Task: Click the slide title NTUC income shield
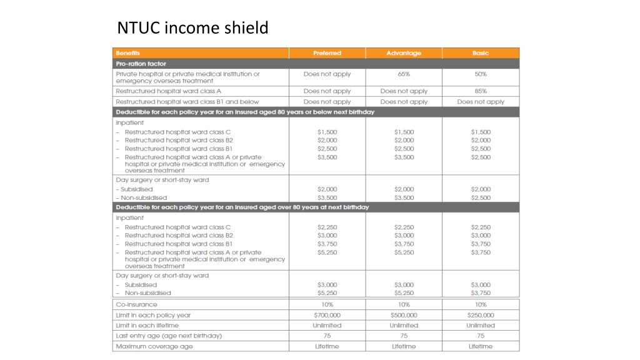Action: pos(192,28)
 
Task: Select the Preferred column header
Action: pos(327,53)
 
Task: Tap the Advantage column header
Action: pos(404,53)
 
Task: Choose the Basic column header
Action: pos(481,53)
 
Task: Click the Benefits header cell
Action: pos(128,53)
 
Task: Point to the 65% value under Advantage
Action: pos(404,74)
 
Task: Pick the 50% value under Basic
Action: pos(481,74)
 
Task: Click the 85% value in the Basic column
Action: pos(481,91)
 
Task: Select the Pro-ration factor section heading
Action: pos(141,64)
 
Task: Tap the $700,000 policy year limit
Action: pos(327,315)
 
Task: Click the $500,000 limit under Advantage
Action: pos(404,315)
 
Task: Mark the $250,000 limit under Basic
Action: pos(481,315)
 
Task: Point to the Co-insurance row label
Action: pos(137,304)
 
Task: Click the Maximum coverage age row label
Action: pos(154,346)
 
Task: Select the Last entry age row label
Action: pos(169,336)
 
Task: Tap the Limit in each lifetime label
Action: pos(147,326)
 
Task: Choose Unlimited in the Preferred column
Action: pos(327,326)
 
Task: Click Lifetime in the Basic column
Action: pos(481,346)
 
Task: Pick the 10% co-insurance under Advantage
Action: pos(404,304)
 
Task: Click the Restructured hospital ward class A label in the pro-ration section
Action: pos(169,91)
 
